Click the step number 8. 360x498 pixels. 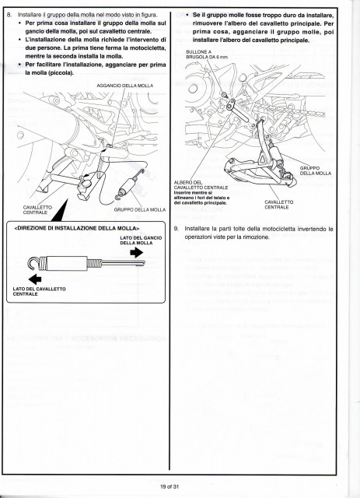coord(9,15)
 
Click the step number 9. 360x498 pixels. coord(177,229)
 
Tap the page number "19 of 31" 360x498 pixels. coord(170,486)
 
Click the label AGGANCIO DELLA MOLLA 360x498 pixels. coord(124,86)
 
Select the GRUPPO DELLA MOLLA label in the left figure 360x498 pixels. coord(140,209)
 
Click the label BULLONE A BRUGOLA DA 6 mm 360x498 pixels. coord(201,54)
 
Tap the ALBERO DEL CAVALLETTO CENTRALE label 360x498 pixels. coord(201,185)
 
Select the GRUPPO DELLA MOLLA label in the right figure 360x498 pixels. coord(315,170)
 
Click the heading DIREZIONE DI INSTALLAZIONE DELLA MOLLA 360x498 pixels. coord(77,228)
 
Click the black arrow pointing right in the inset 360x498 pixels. coord(137,252)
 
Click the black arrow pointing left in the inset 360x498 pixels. coord(35,279)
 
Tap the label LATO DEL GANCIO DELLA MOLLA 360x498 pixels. coord(141,240)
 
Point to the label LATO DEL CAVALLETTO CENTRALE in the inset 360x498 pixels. coord(40,292)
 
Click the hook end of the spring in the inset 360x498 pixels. coord(30,262)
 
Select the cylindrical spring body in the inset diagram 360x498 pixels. coord(68,263)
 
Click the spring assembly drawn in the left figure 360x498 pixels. coord(130,185)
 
